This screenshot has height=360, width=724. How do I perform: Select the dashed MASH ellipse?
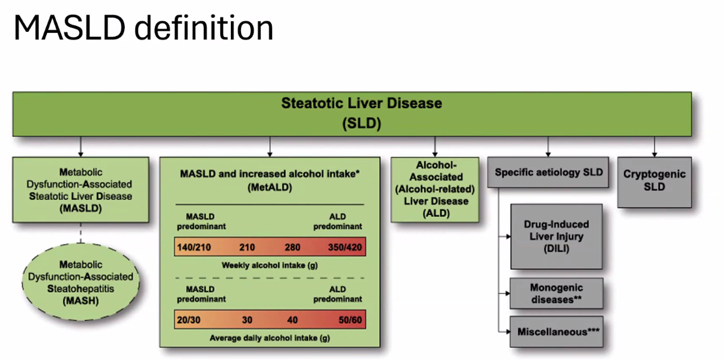click(81, 281)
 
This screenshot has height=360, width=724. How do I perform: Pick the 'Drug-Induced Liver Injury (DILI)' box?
click(556, 236)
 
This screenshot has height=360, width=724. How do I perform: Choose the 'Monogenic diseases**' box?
click(556, 293)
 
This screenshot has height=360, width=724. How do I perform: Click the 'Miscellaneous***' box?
click(556, 331)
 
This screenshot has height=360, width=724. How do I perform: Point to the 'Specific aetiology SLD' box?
click(548, 172)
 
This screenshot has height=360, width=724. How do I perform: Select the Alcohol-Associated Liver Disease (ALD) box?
click(435, 189)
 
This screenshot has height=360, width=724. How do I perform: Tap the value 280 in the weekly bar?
click(293, 247)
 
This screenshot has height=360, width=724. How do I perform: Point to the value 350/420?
click(344, 247)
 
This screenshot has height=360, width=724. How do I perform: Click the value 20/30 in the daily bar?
click(189, 320)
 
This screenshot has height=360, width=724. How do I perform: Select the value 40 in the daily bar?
click(292, 320)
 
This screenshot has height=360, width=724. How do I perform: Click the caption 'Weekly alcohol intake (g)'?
click(269, 265)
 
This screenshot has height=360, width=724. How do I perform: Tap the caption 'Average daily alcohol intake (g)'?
click(269, 337)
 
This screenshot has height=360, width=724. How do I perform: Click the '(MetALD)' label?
click(269, 188)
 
